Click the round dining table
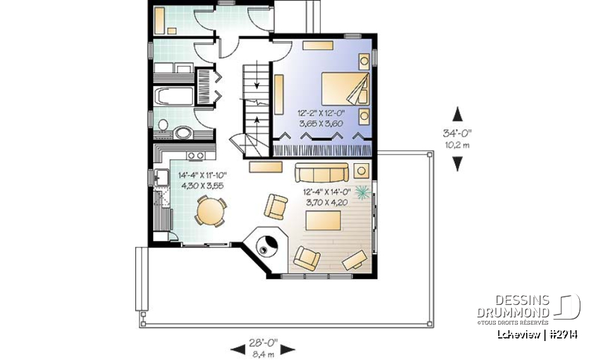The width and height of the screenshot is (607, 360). coord(209,211)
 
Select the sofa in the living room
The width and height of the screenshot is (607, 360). coord(322,171)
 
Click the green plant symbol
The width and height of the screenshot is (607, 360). coord(363,191)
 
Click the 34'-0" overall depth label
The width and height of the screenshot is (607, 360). coord(457,133)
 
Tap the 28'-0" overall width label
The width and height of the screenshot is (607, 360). coord(263,341)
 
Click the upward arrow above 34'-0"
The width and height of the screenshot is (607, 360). coord(458,114)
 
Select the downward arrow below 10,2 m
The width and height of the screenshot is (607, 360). coord(458,163)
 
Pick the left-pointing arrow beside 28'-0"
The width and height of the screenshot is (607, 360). coord(238,348)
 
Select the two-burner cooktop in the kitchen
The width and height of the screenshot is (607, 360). coord(195,156)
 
